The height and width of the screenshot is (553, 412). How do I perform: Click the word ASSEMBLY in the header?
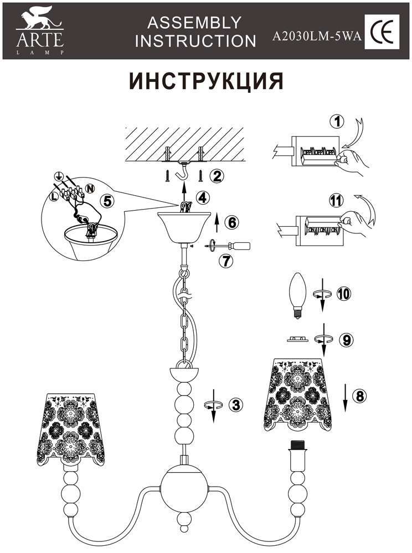194,22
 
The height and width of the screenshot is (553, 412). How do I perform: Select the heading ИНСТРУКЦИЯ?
207,81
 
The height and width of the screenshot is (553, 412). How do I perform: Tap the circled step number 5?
109,201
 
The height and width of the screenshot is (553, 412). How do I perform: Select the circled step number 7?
225,262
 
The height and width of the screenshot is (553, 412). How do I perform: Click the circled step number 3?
236,404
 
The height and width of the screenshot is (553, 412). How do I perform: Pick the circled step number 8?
359,395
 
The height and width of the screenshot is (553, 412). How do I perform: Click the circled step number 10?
344,294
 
